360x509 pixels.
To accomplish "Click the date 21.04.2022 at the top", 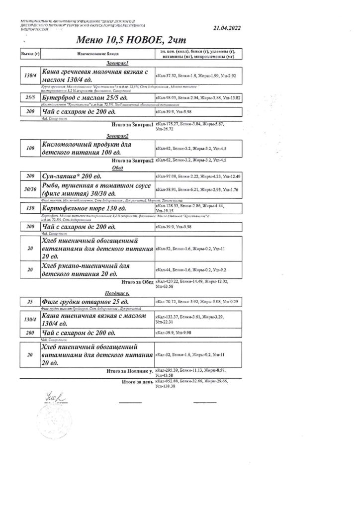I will coord(226,29).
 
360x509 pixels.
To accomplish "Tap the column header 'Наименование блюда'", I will coord(96,54).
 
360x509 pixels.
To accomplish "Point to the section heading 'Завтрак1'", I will coord(118,64).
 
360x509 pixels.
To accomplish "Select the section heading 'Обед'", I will coord(117,168).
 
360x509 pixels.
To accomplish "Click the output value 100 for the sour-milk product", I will coord(30,148).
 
